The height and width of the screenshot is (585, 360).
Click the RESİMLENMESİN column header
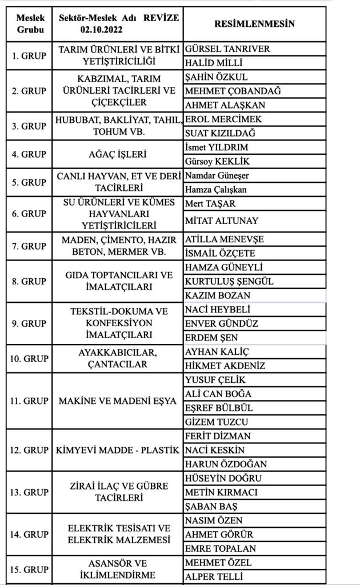click(x=254, y=23)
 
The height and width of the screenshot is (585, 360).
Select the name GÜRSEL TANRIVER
click(x=227, y=49)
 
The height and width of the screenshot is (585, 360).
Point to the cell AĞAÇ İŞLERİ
click(x=118, y=154)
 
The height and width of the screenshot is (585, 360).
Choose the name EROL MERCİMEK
click(x=223, y=119)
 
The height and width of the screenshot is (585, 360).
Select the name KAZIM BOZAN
click(x=218, y=295)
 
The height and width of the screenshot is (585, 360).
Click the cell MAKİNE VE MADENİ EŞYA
click(x=118, y=401)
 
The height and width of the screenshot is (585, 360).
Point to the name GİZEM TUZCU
click(x=217, y=422)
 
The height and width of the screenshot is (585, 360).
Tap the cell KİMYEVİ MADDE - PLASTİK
click(x=118, y=450)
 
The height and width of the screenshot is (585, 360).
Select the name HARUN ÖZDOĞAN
click(x=226, y=464)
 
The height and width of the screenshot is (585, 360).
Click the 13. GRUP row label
click(x=29, y=492)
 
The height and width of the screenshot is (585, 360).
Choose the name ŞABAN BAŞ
click(x=211, y=506)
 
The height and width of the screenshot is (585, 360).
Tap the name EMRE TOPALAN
click(x=221, y=548)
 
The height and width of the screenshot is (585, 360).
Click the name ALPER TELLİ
click(x=214, y=576)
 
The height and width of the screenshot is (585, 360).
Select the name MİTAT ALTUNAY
click(x=222, y=221)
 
